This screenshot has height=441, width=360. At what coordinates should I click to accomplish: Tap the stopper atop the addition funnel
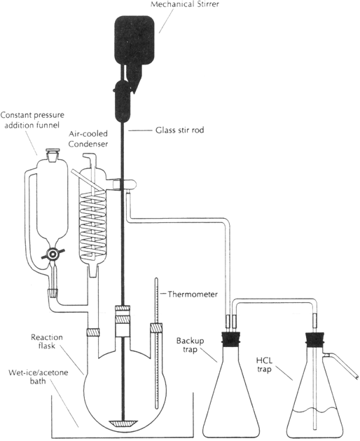tap(53, 153)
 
